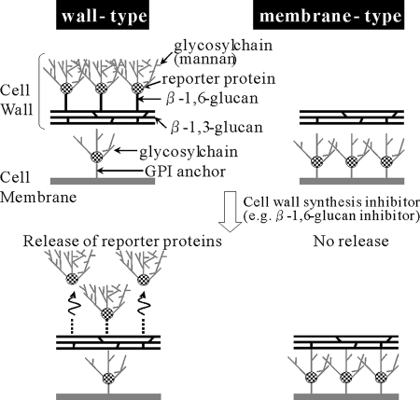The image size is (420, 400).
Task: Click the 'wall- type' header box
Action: click(x=103, y=15)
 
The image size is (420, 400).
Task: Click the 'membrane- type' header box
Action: click(x=329, y=15)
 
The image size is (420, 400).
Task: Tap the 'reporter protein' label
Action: click(x=218, y=79)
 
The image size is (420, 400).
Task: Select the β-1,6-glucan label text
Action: click(x=212, y=98)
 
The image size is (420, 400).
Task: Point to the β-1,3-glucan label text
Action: click(x=217, y=128)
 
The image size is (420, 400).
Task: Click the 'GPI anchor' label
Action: click(x=186, y=172)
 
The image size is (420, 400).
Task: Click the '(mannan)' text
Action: click(x=204, y=59)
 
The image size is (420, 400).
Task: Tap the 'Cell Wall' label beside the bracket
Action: click(x=16, y=100)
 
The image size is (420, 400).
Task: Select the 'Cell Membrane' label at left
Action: click(x=38, y=187)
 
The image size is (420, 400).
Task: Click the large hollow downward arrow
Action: click(x=231, y=212)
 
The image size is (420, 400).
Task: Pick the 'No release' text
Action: click(x=351, y=241)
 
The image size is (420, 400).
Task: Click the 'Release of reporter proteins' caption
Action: click(x=122, y=241)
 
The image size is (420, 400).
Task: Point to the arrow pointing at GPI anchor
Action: click(x=120, y=171)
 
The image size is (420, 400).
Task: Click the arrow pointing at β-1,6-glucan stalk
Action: click(x=150, y=99)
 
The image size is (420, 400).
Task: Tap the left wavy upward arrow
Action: click(x=72, y=304)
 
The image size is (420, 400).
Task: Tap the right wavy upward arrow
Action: click(x=143, y=304)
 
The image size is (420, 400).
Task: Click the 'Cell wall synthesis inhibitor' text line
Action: click(x=331, y=202)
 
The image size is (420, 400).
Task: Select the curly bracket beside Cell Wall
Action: click(x=42, y=90)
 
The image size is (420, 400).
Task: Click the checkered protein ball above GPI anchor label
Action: click(x=97, y=157)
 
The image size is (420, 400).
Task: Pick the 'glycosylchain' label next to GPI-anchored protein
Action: click(x=189, y=152)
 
